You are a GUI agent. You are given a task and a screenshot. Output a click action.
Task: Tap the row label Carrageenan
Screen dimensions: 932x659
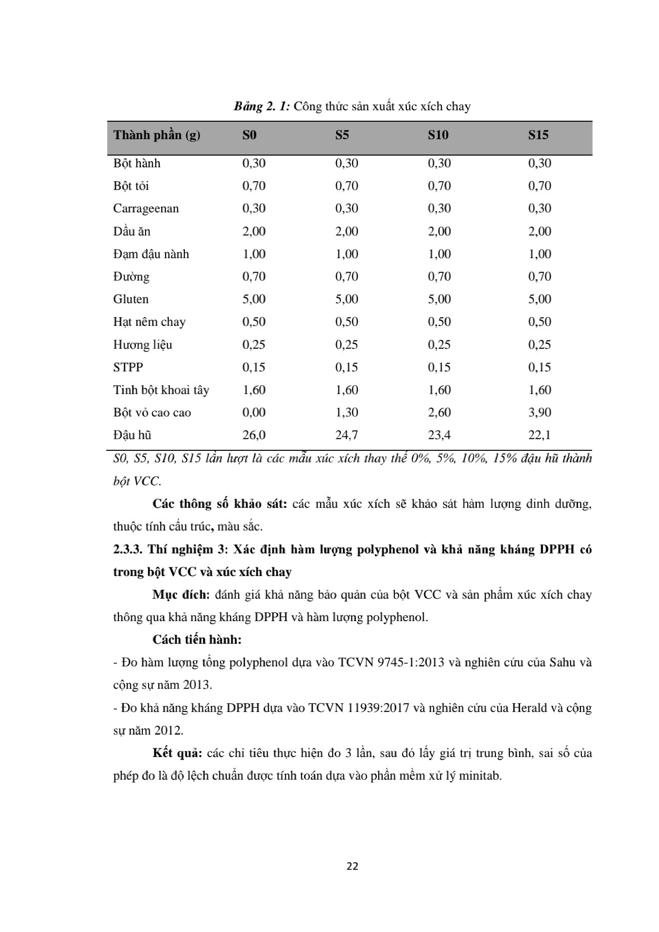click(x=146, y=209)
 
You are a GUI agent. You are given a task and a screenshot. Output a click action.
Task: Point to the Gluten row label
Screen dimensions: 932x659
click(x=131, y=299)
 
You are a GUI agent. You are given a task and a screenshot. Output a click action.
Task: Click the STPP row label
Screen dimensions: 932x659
click(x=128, y=367)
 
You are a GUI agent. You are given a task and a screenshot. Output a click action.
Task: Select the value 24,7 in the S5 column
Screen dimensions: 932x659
click(x=346, y=435)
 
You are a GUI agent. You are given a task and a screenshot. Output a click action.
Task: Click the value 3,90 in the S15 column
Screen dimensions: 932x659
click(x=539, y=412)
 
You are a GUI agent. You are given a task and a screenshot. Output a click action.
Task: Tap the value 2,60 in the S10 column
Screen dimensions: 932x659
click(x=439, y=412)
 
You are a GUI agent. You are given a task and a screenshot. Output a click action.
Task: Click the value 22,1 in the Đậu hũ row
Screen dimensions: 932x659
click(x=539, y=435)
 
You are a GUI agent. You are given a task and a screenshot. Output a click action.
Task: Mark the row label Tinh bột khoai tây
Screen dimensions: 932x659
click(x=161, y=390)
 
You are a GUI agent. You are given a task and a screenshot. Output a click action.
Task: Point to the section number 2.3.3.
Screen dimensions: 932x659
click(x=127, y=550)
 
